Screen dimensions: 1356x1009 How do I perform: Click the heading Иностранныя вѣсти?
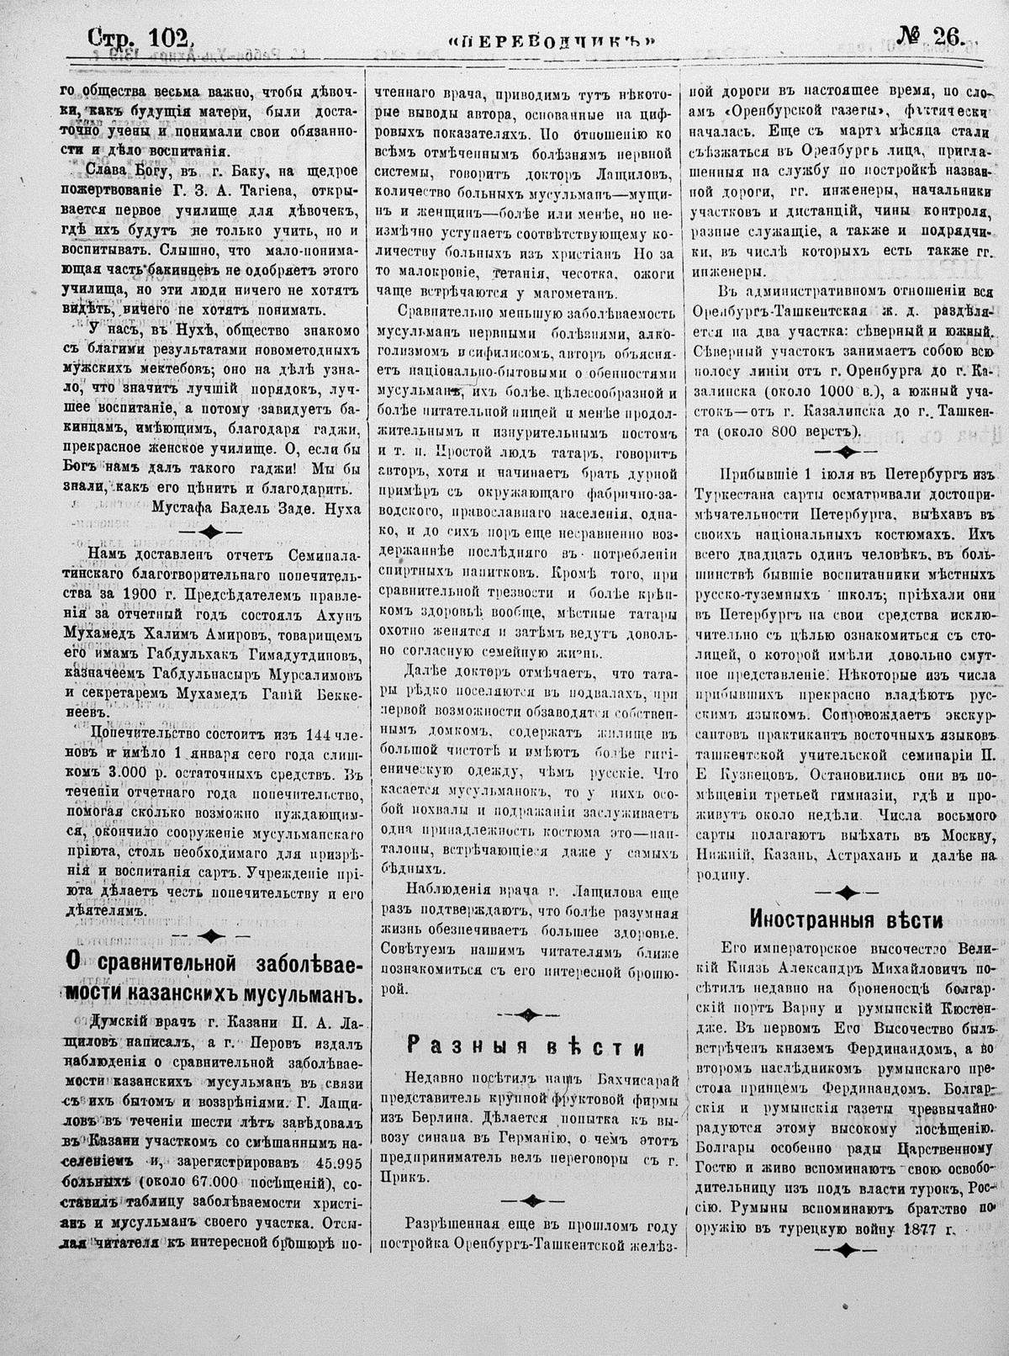(846, 917)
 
